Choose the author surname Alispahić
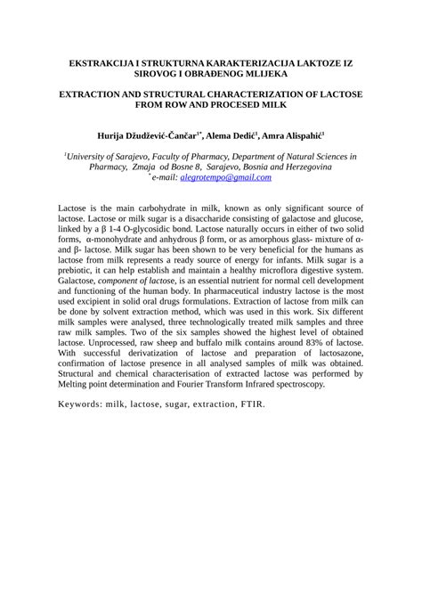(x=300, y=135)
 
